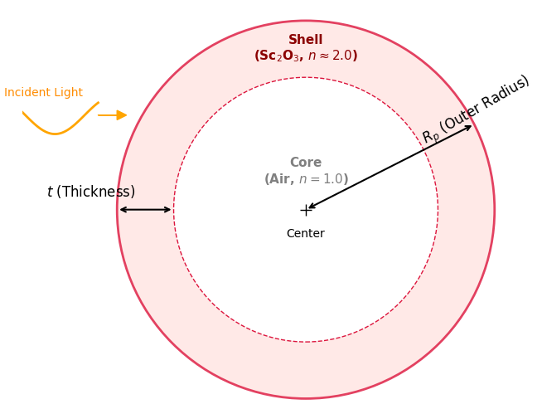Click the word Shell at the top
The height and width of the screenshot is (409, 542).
coord(305,40)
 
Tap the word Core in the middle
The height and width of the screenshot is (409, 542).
coord(305,163)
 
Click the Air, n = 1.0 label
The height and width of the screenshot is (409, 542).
coord(306,179)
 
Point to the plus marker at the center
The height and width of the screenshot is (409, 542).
coord(306,210)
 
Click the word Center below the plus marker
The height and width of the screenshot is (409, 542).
coord(305,234)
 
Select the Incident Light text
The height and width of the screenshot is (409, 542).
coord(43,93)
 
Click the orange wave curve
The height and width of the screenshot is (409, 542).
coord(56,131)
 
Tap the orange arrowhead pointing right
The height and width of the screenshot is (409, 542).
coord(121,115)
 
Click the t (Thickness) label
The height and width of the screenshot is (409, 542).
coord(90,192)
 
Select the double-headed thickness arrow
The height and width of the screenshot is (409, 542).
coord(145,210)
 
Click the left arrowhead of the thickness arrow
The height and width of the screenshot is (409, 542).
coord(122,210)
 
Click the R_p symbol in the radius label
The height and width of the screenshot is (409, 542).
coord(429,137)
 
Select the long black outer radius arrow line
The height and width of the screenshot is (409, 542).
coord(390,168)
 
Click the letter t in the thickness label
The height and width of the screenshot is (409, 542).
coord(50,192)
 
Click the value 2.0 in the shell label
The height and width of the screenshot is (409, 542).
coord(342,56)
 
